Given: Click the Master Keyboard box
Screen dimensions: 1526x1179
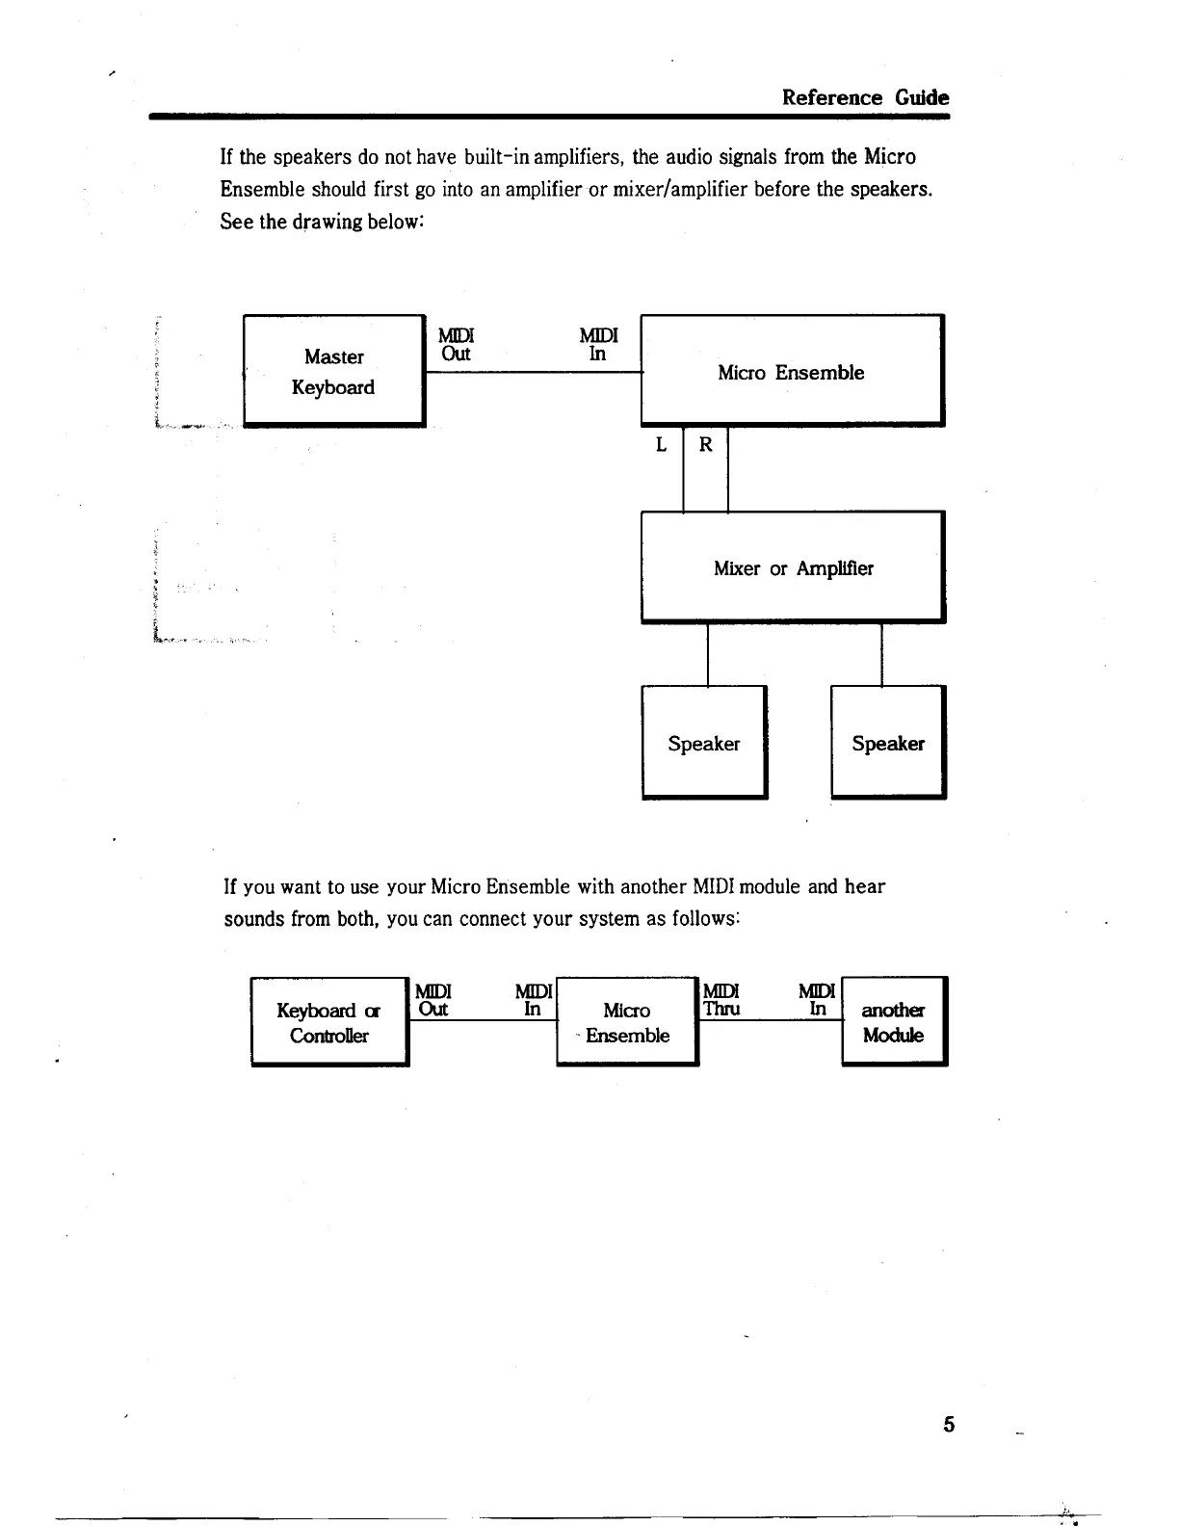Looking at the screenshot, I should pos(333,371).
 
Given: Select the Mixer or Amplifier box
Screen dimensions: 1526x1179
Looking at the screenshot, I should pos(793,567).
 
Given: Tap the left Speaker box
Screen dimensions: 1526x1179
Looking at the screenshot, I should pos(704,743).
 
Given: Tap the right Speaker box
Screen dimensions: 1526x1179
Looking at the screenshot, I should pos(888,743).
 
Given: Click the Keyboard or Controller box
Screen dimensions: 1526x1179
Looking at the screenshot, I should pos(329,1022).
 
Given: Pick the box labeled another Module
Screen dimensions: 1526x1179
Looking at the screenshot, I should pos(894,1022).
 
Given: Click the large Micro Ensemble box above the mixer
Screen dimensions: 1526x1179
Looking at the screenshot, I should pos(791,372).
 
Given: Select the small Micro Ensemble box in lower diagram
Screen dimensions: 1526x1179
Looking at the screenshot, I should pos(627,1022).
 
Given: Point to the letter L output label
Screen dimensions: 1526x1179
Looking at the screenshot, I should pos(661,445).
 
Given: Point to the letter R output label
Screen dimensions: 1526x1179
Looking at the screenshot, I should pos(706,445).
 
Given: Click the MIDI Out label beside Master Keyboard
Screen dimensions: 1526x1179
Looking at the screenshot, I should pos(456,344).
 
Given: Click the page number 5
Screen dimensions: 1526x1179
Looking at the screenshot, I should pos(949,1425).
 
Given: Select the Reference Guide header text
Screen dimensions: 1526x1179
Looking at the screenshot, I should pos(865,97).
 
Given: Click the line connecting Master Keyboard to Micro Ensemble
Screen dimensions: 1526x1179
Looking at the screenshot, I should pos(533,371).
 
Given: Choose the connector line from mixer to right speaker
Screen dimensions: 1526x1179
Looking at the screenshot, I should pos(881,654).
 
